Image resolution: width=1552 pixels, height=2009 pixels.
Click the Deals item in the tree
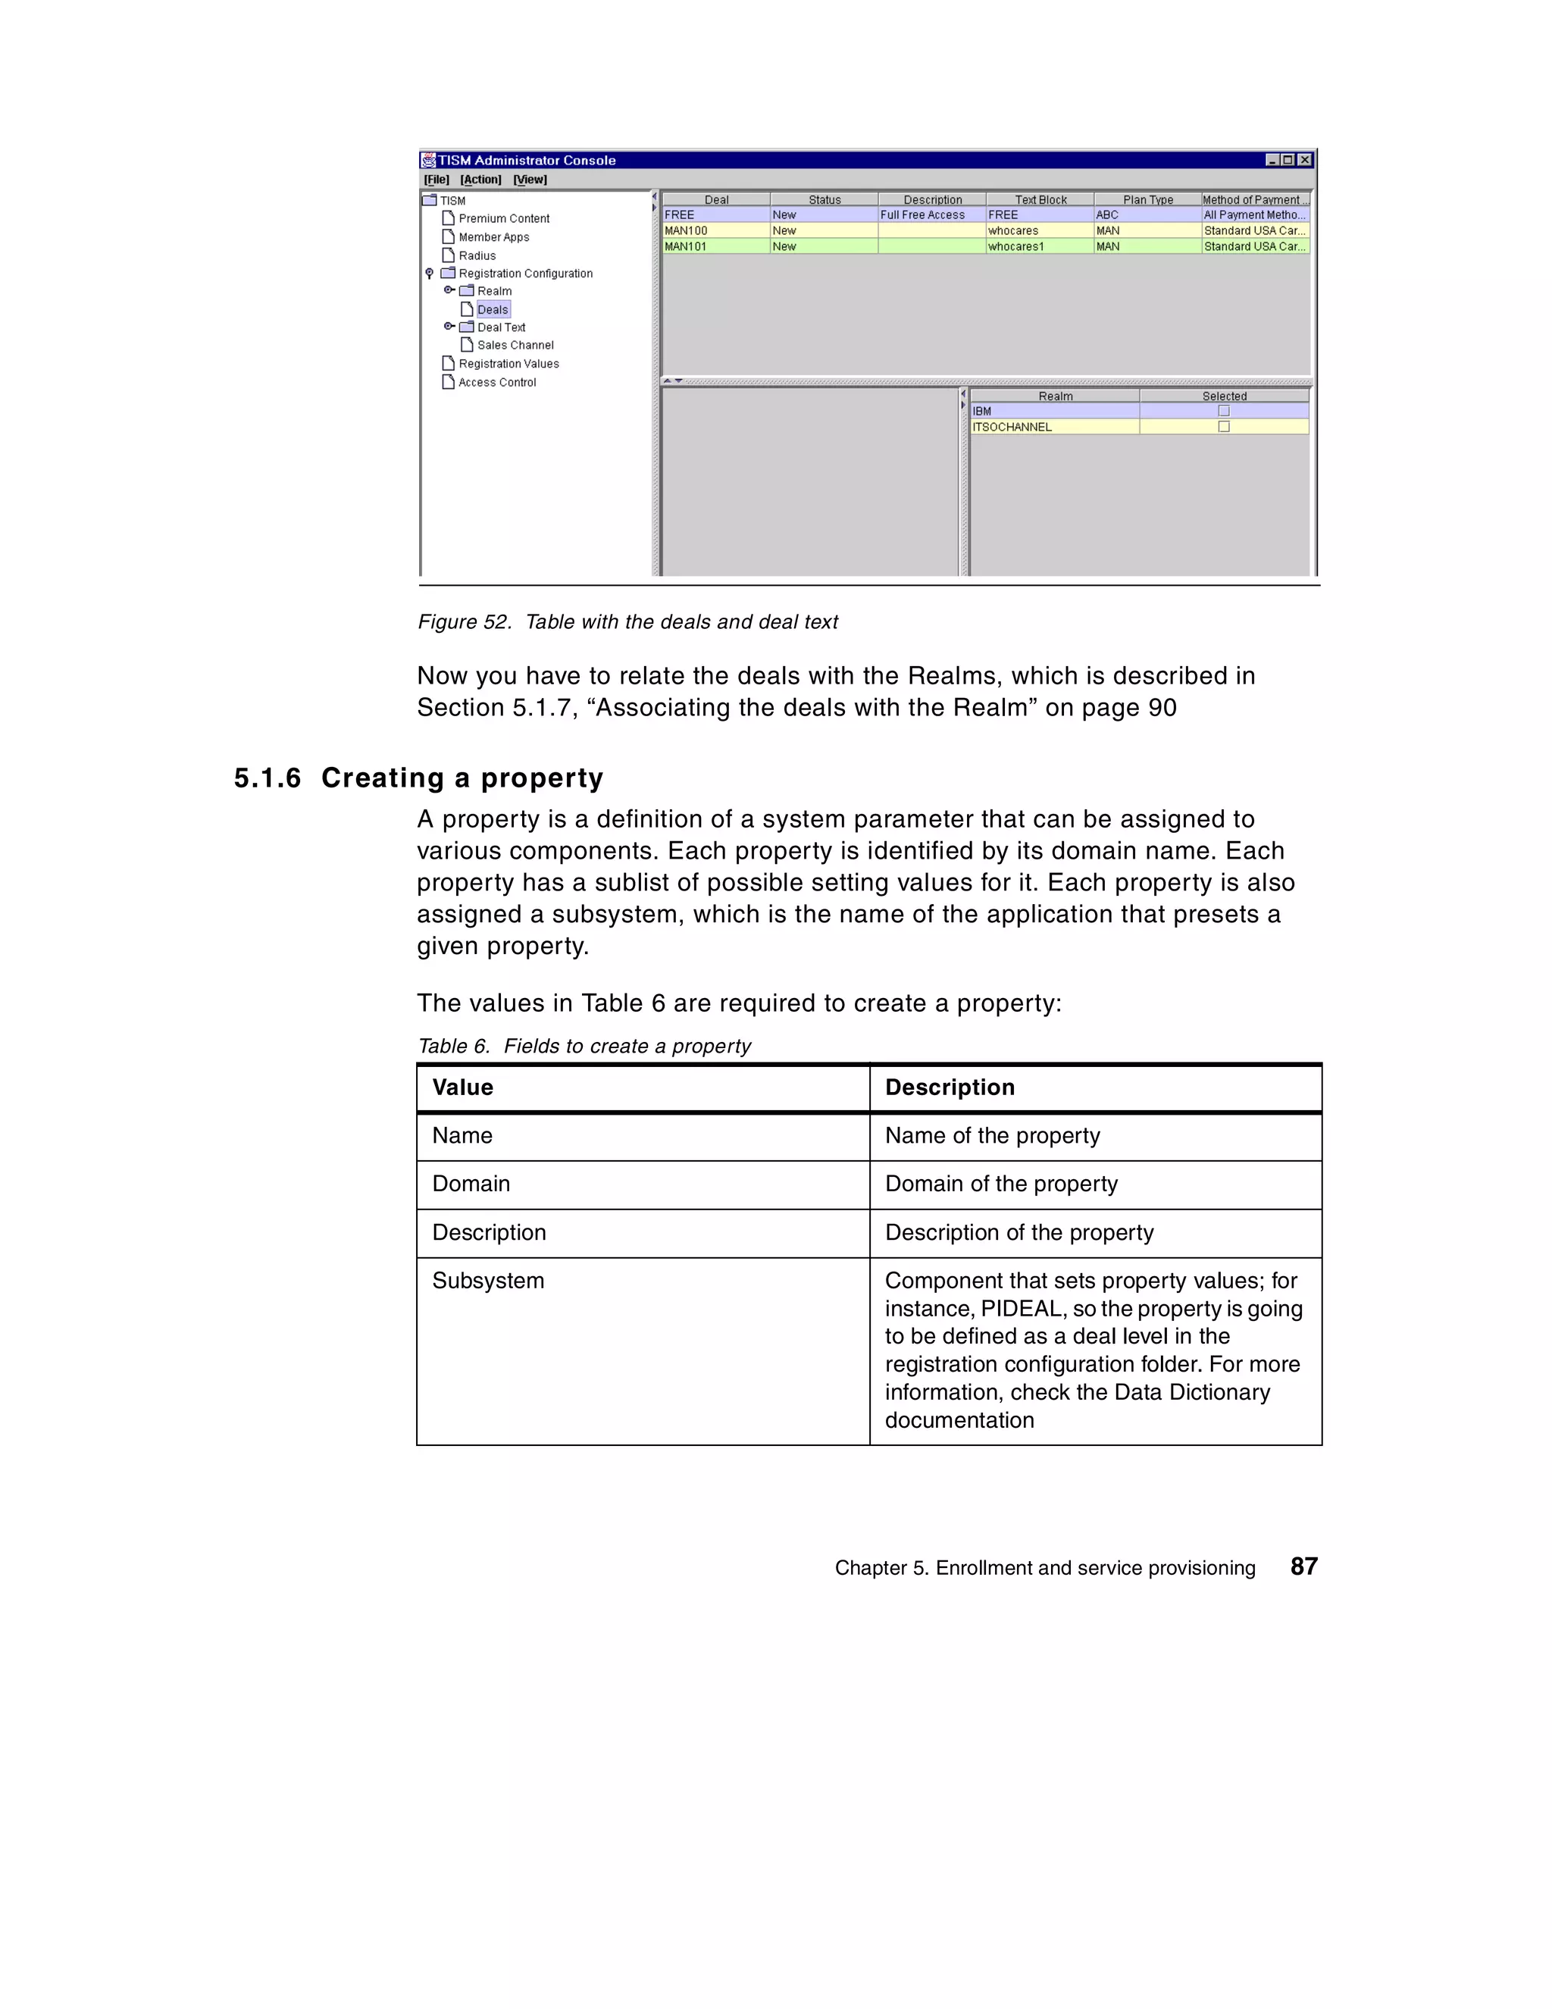point(492,310)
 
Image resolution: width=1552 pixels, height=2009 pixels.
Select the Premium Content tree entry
point(503,219)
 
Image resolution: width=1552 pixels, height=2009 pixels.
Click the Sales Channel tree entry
point(515,346)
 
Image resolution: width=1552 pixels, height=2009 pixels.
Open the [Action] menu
point(480,180)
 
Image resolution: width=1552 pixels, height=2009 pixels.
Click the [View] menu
point(530,180)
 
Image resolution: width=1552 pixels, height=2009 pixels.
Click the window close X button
point(1304,160)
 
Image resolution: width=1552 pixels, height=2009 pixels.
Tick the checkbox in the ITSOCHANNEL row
point(1224,427)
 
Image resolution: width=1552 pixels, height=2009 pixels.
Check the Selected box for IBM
point(1224,412)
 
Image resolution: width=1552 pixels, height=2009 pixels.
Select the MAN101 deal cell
point(687,246)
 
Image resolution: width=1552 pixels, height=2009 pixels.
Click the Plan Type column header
point(1147,199)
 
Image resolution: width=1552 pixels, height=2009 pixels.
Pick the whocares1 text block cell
point(1015,246)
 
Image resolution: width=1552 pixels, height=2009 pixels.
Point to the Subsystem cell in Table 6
point(489,1281)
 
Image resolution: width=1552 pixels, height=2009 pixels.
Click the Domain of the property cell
point(1001,1184)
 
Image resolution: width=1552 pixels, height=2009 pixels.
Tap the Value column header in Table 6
point(463,1087)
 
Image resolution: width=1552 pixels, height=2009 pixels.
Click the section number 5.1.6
point(267,778)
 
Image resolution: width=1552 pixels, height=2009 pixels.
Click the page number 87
point(1303,1566)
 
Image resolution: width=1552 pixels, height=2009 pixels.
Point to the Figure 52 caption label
point(464,622)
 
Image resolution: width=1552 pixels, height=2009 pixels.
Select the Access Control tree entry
point(497,383)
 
